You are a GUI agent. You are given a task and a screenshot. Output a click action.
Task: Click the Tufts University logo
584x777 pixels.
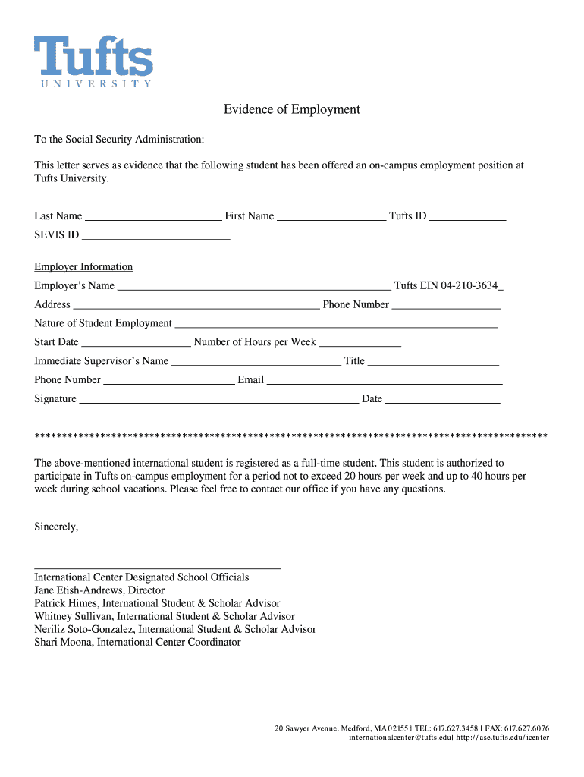point(93,61)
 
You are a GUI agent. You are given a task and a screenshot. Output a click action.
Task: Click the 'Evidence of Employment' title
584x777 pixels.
point(291,109)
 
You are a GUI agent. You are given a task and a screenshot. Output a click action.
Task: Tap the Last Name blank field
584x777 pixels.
point(153,217)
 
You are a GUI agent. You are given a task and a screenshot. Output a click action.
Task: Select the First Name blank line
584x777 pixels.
point(331,217)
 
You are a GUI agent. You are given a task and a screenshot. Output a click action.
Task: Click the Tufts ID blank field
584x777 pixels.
point(468,217)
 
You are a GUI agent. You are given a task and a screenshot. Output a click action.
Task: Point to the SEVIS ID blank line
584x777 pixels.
point(155,236)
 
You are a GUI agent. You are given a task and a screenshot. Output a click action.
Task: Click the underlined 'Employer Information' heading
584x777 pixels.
point(83,267)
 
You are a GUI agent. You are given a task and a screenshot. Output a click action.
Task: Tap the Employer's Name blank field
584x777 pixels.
point(254,287)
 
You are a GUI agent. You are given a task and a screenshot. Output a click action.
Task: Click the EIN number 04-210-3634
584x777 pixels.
point(469,286)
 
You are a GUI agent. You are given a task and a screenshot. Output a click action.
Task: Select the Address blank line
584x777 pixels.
point(196,306)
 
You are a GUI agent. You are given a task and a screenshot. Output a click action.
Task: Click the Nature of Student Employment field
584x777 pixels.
point(336,325)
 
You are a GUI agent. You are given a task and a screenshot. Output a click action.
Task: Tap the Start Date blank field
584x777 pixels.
point(136,343)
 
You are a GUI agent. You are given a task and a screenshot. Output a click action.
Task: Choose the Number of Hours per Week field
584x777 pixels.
point(360,343)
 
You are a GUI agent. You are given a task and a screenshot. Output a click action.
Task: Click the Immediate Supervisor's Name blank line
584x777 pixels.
point(256,363)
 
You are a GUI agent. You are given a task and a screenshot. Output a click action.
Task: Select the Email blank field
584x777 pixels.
point(385,381)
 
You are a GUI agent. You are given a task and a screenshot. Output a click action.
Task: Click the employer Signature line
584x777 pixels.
point(218,400)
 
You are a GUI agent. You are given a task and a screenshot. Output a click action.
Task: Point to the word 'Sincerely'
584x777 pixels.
point(56,527)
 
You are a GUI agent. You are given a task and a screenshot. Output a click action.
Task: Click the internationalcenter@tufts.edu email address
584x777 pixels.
point(400,738)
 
